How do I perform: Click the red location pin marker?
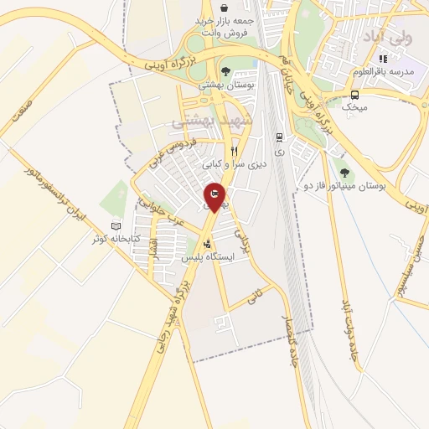tap(214, 196)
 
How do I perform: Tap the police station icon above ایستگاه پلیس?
tap(208, 244)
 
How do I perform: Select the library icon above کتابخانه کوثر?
tap(116, 226)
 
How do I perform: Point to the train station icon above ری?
tap(279, 137)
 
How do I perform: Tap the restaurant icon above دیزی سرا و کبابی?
tap(234, 151)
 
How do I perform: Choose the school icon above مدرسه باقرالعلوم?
tap(383, 59)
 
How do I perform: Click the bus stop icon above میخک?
tap(355, 94)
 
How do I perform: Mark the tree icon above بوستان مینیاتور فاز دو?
tap(344, 172)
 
